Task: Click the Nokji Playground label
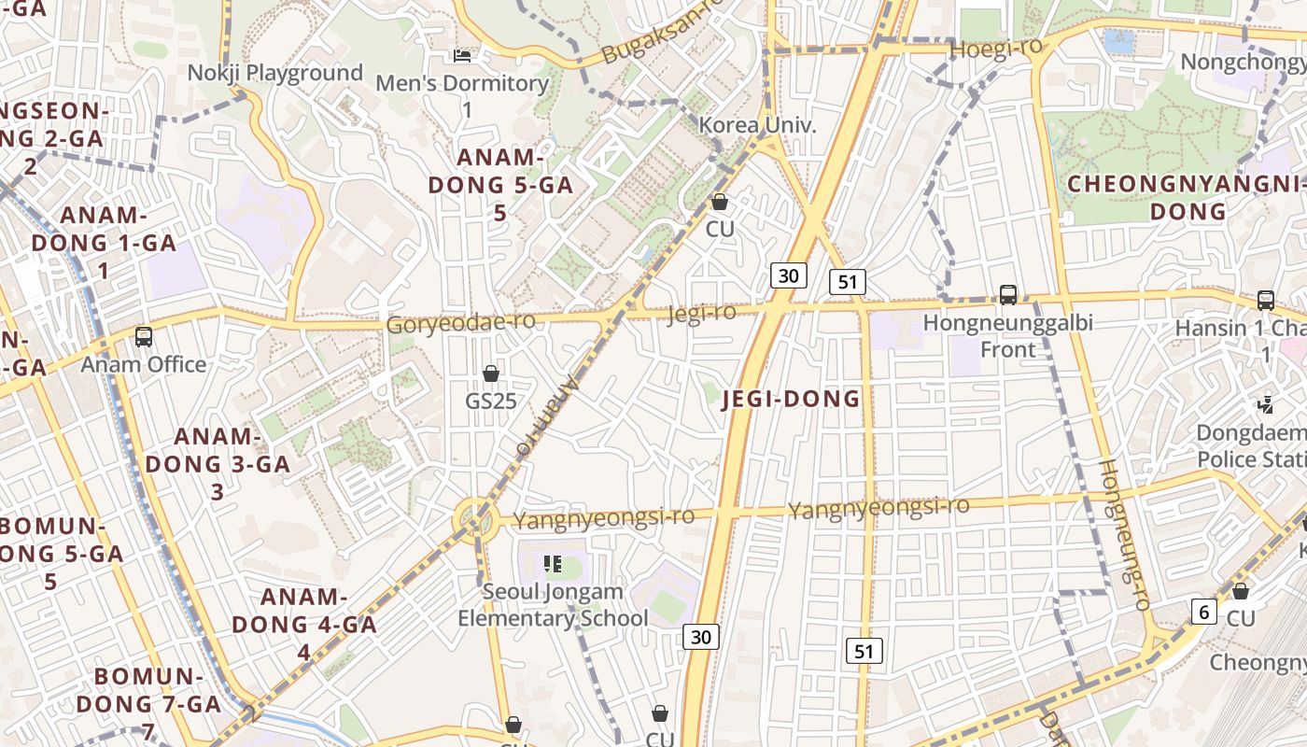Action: [x=274, y=73]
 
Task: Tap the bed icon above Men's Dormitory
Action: [x=462, y=56]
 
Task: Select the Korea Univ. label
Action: [x=757, y=124]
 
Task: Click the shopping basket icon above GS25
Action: [x=491, y=373]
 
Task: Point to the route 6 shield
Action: [x=1204, y=612]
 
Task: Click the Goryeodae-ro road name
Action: [x=461, y=323]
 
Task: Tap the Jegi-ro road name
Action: [x=701, y=314]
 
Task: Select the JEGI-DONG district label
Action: [x=792, y=399]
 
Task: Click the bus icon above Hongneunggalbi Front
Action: [x=1008, y=295]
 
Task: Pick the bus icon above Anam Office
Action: [x=144, y=337]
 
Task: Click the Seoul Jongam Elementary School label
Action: [x=553, y=605]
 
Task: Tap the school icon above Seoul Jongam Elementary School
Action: [x=553, y=564]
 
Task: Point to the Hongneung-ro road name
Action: [x=1123, y=534]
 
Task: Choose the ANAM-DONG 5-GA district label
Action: [x=500, y=184]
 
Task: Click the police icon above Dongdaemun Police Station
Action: [x=1266, y=404]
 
